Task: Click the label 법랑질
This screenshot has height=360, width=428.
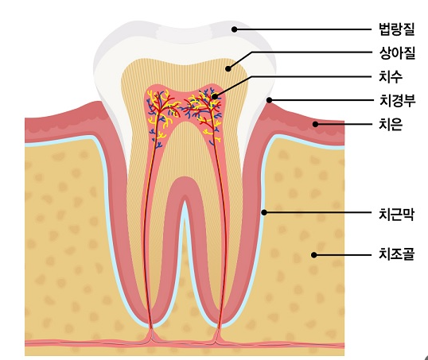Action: tap(397, 29)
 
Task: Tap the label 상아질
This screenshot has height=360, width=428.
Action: tap(397, 53)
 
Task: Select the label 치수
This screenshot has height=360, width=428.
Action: tap(391, 76)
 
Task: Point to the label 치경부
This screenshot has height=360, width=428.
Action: tap(397, 100)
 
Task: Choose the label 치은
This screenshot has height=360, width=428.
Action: tap(391, 124)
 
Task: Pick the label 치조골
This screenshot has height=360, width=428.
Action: tap(397, 254)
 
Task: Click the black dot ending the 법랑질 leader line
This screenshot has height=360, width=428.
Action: tap(234, 29)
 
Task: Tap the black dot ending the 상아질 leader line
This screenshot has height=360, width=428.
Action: tap(228, 68)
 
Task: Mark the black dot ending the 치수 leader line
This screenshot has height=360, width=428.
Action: tap(215, 96)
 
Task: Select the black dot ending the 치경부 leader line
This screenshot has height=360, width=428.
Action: tap(269, 100)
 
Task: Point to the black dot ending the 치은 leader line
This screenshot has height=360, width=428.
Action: tap(315, 124)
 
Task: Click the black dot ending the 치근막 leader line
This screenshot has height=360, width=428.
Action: tap(263, 212)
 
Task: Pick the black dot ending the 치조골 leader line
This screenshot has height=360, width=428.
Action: tap(314, 255)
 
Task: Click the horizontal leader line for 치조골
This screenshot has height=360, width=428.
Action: tap(343, 255)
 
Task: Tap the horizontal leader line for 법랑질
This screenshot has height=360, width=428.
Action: tap(303, 29)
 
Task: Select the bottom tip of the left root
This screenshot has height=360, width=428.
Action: tap(152, 327)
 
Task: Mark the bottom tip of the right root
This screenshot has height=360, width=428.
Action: tap(218, 327)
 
